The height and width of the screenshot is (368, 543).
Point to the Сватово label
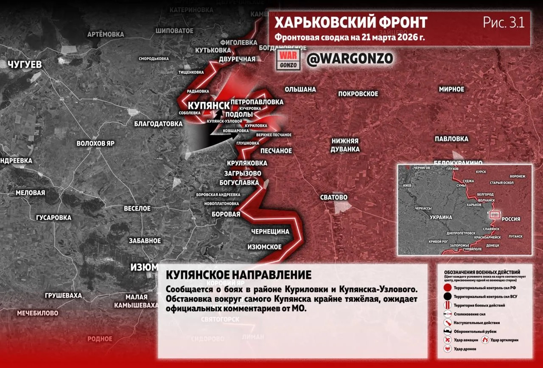click(334, 197)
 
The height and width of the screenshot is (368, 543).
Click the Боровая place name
click(226, 214)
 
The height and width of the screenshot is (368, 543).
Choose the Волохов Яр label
click(95, 143)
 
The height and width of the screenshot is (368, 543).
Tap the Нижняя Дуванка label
click(345, 145)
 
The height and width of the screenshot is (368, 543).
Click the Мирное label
click(451, 89)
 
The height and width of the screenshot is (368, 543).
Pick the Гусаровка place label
click(53, 218)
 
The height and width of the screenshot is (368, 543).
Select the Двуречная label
click(237, 59)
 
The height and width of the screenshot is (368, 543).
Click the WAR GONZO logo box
click(289, 60)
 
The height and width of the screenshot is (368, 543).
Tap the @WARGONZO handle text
click(350, 59)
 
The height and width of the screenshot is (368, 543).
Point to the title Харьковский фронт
click(351, 22)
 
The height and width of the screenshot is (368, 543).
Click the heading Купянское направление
click(239, 275)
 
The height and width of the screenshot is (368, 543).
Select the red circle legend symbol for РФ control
click(448, 288)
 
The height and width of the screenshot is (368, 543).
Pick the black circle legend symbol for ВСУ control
click(448, 297)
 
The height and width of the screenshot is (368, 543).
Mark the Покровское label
click(358, 94)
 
